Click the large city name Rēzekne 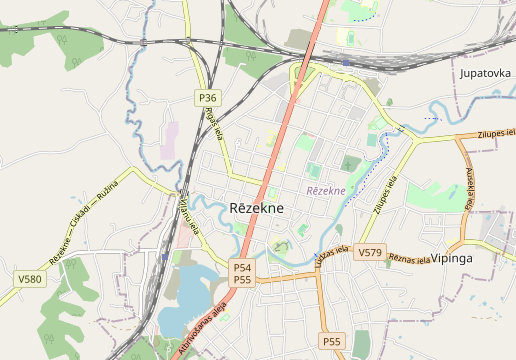(256, 208)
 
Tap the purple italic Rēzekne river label (325, 190)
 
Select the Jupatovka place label (485, 74)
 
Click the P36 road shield (207, 98)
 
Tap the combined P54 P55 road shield (242, 274)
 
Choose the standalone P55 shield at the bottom (332, 342)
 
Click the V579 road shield (370, 253)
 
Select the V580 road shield (30, 279)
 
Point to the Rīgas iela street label (212, 126)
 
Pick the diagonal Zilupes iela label (386, 195)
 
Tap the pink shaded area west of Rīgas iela (169, 141)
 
